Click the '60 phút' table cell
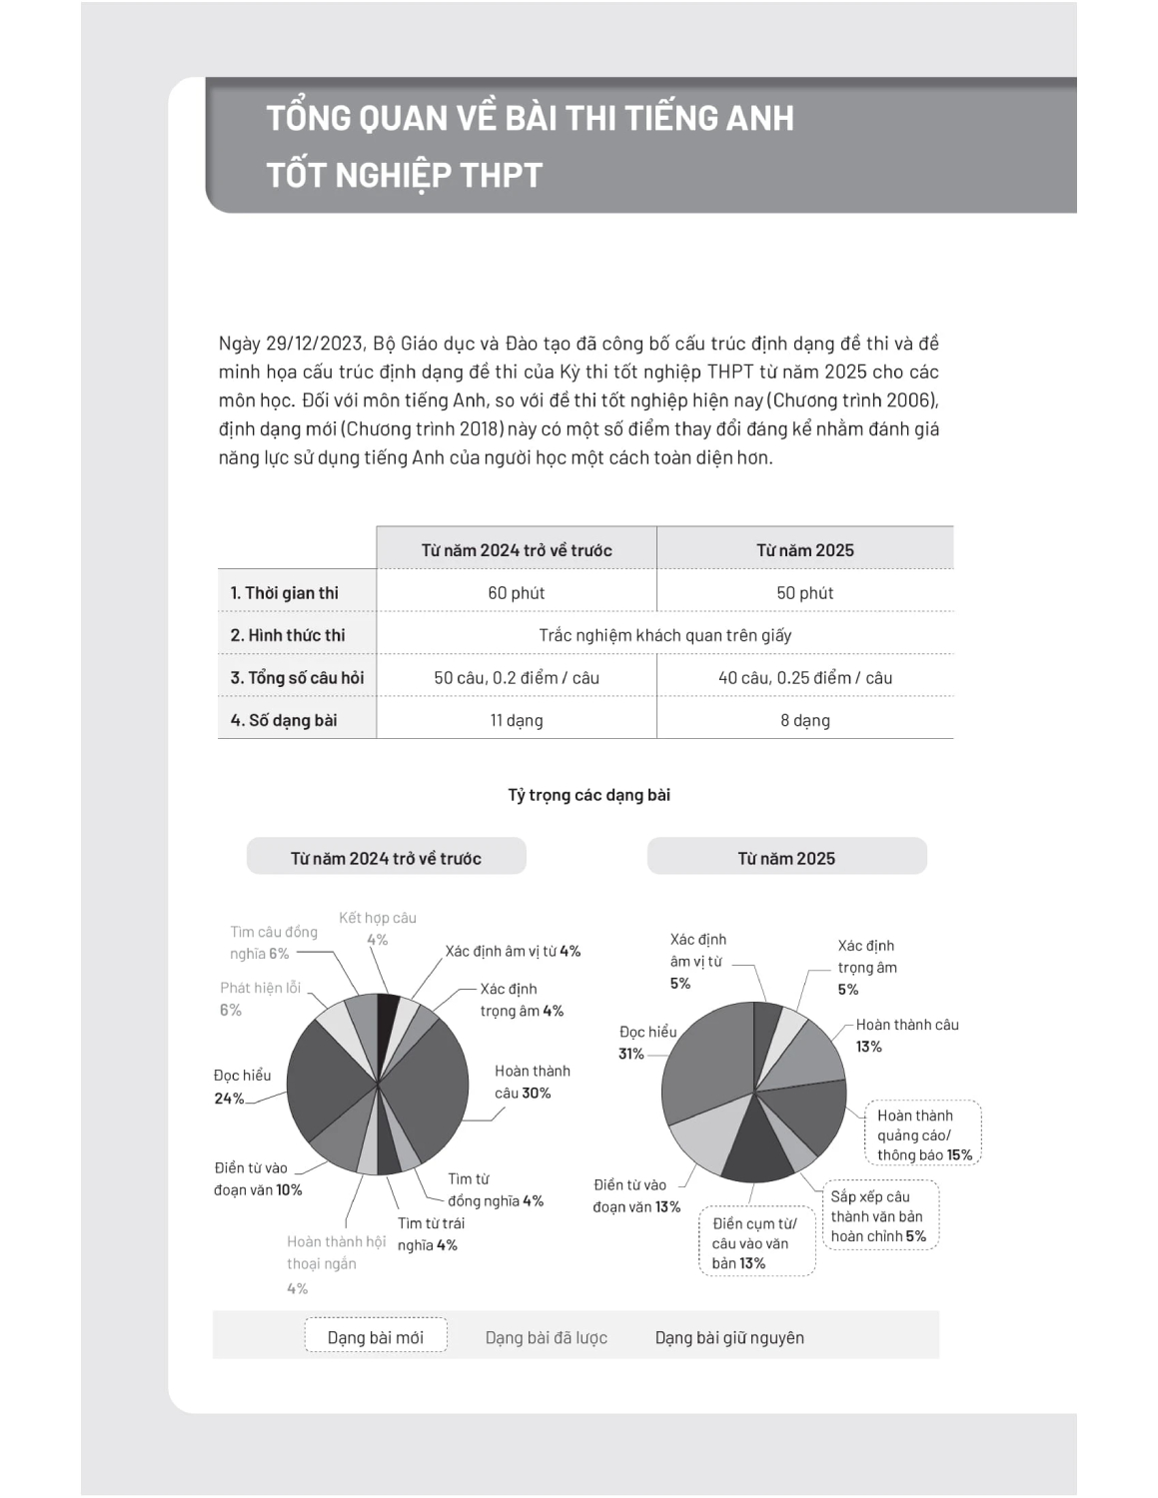(x=516, y=592)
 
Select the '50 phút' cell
(x=804, y=592)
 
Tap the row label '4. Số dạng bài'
(x=284, y=720)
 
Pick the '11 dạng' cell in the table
(x=516, y=720)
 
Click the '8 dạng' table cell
(x=804, y=720)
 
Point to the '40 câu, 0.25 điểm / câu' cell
(x=804, y=677)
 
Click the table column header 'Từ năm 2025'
(x=804, y=549)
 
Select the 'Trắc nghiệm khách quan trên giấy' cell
(x=664, y=635)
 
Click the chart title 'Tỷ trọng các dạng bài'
(x=588, y=795)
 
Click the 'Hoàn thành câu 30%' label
(x=532, y=1082)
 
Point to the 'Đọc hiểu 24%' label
(x=242, y=1087)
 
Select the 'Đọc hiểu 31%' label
(x=646, y=1042)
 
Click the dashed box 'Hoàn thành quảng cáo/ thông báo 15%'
(x=923, y=1134)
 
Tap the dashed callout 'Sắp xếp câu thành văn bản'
(x=878, y=1215)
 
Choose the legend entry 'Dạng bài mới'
(x=376, y=1337)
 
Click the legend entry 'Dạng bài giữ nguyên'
(x=729, y=1337)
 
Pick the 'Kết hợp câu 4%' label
(x=377, y=928)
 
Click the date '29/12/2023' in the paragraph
(x=314, y=344)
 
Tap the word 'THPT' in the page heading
(x=501, y=175)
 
